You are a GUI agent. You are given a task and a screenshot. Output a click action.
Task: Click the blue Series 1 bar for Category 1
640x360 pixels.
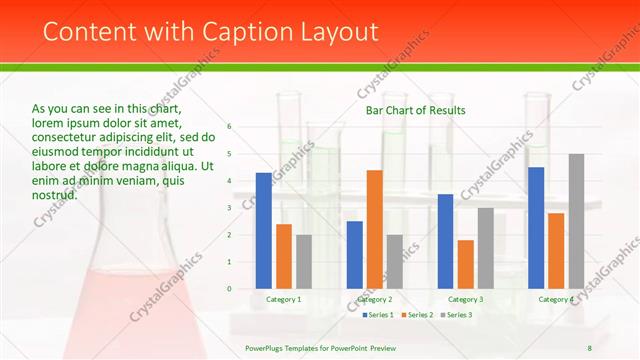point(264,231)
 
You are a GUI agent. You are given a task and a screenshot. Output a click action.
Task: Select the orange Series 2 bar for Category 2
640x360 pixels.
point(374,229)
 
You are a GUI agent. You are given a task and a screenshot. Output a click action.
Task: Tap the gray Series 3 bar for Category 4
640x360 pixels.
point(576,221)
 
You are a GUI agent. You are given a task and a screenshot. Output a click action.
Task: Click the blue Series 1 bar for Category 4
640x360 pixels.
point(536,228)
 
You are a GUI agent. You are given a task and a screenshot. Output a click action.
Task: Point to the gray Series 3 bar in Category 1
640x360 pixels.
point(304,262)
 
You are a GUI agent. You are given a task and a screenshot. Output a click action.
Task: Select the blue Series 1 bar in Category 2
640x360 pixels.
point(354,255)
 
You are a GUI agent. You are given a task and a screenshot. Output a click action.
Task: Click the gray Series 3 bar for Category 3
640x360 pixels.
point(485,248)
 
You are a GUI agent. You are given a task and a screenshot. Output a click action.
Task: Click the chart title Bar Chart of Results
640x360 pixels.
point(415,110)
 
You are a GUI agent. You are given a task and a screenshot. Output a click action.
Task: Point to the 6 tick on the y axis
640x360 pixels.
point(229,127)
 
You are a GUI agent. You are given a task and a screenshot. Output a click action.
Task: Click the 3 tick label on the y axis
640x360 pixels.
point(229,208)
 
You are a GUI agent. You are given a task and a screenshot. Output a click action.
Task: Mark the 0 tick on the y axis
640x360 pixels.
point(229,289)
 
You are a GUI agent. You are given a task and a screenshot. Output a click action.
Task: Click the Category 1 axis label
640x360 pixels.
point(284,299)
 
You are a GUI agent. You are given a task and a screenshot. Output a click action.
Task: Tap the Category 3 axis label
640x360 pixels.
point(465,299)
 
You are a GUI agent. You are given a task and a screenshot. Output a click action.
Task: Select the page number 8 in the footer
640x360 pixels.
point(589,348)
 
